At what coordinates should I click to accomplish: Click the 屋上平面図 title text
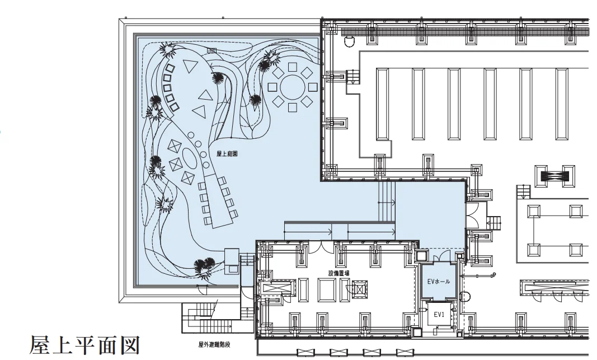pos(85,345)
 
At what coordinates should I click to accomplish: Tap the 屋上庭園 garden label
pos(227,154)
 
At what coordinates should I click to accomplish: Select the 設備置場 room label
pos(339,273)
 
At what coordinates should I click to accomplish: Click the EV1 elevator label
pos(439,315)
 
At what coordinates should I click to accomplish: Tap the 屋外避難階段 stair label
pos(214,345)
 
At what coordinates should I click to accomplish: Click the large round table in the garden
pos(293,87)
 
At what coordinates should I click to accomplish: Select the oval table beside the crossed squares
pos(190,157)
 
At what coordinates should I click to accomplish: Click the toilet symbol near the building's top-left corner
pos(349,41)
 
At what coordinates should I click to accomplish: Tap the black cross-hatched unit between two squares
pos(554,176)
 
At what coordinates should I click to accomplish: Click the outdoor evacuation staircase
pos(208,317)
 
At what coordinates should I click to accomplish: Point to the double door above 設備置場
pos(321,247)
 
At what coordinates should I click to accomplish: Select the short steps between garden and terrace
pos(387,201)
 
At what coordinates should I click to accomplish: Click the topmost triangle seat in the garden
pos(189,67)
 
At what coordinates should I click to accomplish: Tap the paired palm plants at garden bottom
pos(204,267)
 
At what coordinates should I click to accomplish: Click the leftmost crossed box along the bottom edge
pos(305,352)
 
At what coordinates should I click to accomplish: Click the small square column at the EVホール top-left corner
pos(422,255)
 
